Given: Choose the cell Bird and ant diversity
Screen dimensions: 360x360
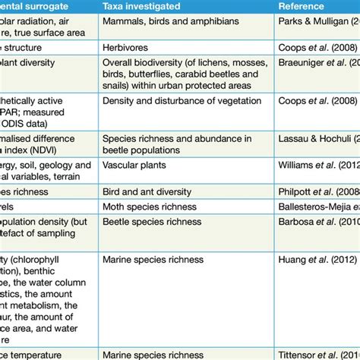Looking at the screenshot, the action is [147, 192].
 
